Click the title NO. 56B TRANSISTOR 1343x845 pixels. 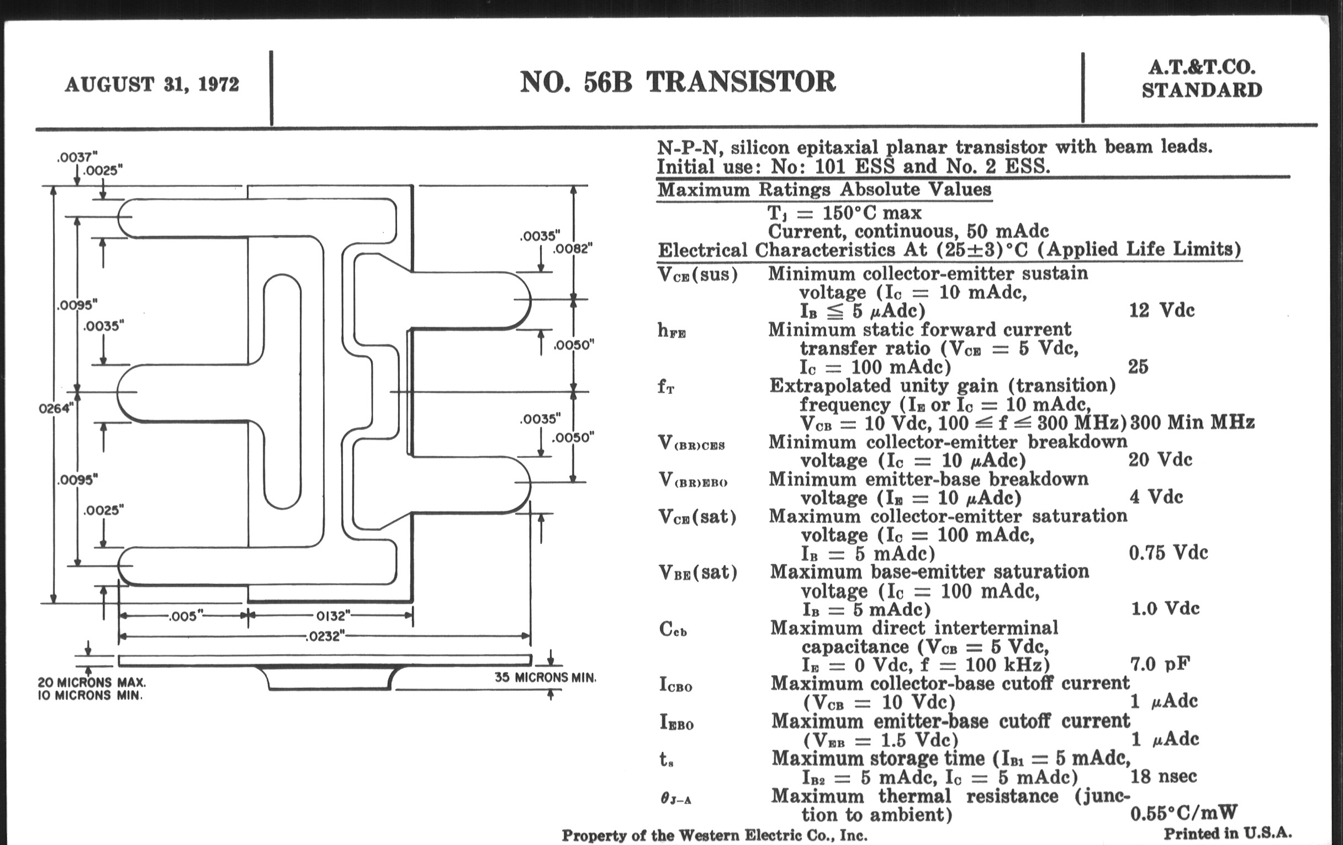[678, 82]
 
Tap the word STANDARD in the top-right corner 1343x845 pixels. [1202, 91]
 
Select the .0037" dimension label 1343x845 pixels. [77, 158]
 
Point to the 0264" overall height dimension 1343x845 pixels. [56, 409]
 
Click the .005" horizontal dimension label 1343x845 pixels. [183, 616]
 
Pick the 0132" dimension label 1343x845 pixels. [333, 616]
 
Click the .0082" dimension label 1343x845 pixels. [573, 249]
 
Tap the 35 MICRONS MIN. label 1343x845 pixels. [545, 678]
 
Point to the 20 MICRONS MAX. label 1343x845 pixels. [92, 682]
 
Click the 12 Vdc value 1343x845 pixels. [1162, 311]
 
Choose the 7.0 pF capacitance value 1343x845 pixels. [1160, 664]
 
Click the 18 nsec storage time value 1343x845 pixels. [1164, 777]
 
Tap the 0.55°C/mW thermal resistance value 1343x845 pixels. [1183, 813]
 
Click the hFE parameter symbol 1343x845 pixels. [671, 331]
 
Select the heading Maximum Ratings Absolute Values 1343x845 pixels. [824, 189]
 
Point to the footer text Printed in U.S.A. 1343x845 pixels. [1228, 833]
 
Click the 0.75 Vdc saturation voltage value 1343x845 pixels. [1168, 553]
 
